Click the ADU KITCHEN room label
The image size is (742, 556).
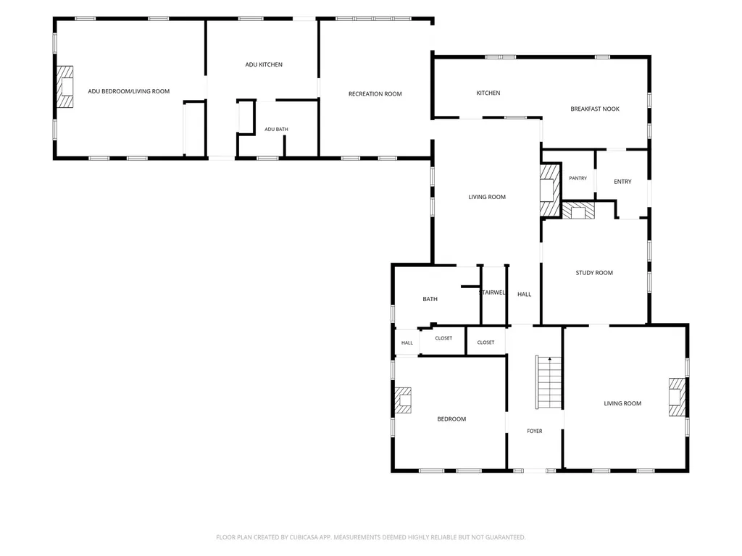[264, 64]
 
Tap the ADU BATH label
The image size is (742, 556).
[276, 129]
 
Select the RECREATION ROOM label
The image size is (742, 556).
[375, 94]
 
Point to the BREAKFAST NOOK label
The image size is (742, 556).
[595, 109]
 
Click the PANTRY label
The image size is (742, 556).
[578, 178]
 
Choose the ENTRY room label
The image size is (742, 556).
[622, 182]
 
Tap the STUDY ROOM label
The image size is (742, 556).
[594, 273]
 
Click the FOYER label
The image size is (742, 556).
[535, 431]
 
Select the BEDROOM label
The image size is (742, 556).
[451, 419]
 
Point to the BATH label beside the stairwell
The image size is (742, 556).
[430, 299]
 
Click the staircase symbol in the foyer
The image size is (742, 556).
[549, 382]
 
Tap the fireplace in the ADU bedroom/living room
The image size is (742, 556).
[65, 87]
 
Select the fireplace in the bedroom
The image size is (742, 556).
[403, 400]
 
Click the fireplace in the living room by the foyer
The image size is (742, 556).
[678, 397]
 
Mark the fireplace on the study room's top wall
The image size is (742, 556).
[578, 211]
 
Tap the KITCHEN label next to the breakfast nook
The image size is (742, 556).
[488, 93]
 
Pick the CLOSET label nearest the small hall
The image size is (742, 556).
[443, 338]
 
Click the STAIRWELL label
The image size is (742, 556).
[493, 292]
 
